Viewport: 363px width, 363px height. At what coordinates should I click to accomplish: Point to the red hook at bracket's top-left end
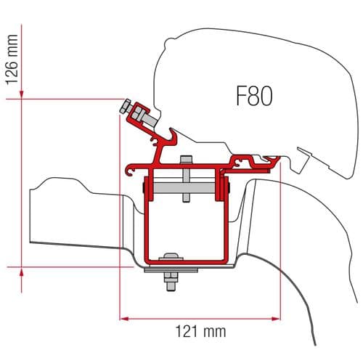click(x=130, y=171)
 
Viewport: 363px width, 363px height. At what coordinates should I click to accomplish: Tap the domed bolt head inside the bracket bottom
click(x=171, y=256)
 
